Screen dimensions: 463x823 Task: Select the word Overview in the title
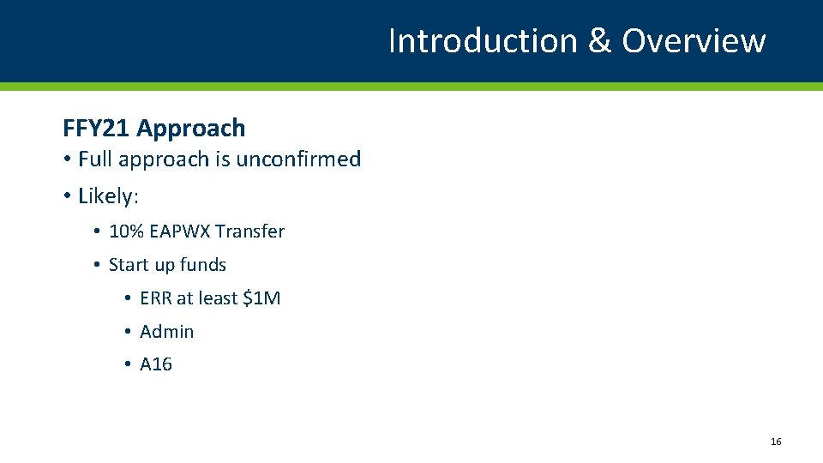pyautogui.click(x=693, y=41)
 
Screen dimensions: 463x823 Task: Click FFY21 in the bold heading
pyautogui.click(x=96, y=129)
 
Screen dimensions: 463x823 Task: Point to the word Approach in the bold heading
pyautogui.click(x=190, y=129)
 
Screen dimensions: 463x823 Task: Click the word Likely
pyautogui.click(x=106, y=196)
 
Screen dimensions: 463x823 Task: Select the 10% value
pyautogui.click(x=126, y=231)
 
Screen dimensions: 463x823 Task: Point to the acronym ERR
pyautogui.click(x=156, y=298)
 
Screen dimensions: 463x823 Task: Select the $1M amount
pyautogui.click(x=261, y=298)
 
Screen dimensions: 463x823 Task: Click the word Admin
pyautogui.click(x=167, y=332)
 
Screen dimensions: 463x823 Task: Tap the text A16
pyautogui.click(x=156, y=364)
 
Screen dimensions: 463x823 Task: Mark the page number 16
pyautogui.click(x=776, y=442)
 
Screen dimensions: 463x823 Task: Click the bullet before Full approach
pyautogui.click(x=67, y=159)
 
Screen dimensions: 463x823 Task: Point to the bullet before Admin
pyautogui.click(x=127, y=332)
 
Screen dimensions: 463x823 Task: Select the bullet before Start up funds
pyautogui.click(x=98, y=265)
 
